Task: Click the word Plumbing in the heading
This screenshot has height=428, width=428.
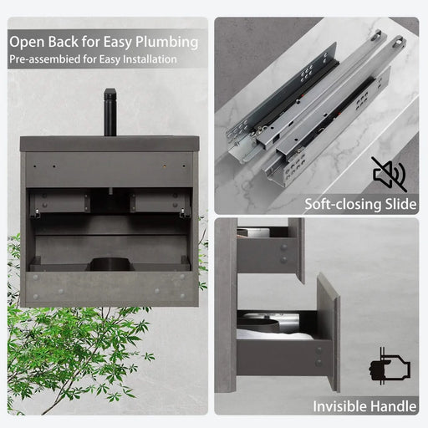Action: (x=166, y=43)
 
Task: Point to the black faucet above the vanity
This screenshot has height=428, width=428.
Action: (x=110, y=112)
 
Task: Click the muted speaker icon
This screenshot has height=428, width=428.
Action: (x=390, y=174)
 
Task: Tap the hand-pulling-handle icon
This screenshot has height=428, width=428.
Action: (x=390, y=366)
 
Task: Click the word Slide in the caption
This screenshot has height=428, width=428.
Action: (x=400, y=204)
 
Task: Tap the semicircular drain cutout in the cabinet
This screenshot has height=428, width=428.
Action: (x=110, y=264)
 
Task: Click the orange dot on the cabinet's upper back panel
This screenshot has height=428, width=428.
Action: (x=165, y=166)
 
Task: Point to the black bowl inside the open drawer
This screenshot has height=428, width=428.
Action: (x=257, y=326)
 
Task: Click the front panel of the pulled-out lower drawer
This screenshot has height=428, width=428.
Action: (x=329, y=333)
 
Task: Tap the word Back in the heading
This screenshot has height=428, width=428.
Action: (x=64, y=42)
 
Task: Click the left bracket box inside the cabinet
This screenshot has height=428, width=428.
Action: (x=59, y=202)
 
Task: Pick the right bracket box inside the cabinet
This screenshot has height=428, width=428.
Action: (x=160, y=202)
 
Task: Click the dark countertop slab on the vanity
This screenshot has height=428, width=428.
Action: (x=110, y=144)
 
